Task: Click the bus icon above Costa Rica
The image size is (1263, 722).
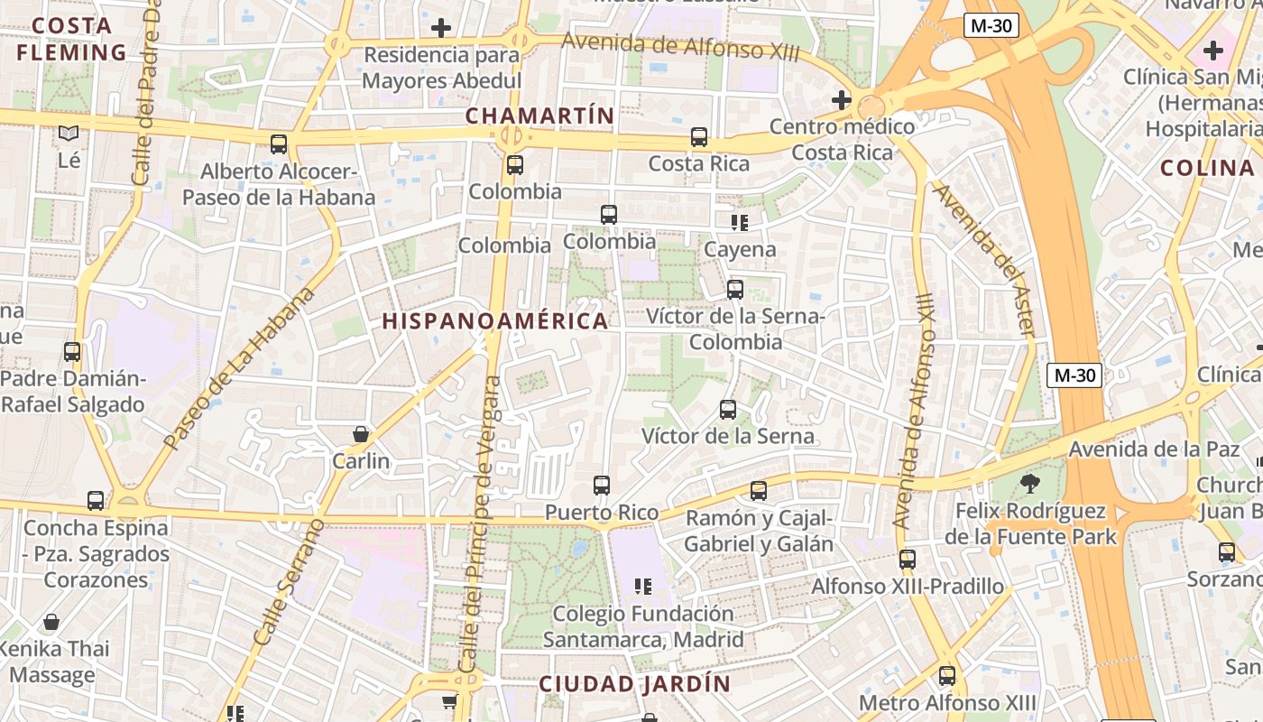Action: [x=699, y=137]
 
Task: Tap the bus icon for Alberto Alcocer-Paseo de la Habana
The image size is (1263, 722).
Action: [x=278, y=144]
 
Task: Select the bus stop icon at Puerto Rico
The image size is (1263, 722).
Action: [x=602, y=486]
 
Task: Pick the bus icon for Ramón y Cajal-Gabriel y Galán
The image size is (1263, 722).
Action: [x=759, y=491]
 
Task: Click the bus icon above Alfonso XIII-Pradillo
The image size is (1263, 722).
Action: [x=908, y=560]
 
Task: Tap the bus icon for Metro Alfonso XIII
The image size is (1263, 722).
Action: [x=947, y=675]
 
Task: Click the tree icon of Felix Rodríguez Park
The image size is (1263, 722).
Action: [x=1029, y=484]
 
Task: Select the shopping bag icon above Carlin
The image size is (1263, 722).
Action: [x=361, y=434]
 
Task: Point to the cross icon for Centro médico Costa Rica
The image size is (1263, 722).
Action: [x=842, y=99]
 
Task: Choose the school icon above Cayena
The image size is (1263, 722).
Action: [x=740, y=222]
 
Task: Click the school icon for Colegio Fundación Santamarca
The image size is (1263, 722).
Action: [x=642, y=587]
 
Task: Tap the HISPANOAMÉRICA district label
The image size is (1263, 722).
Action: [x=494, y=321]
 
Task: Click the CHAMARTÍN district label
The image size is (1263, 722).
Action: [x=539, y=116]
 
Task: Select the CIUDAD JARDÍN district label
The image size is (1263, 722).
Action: [x=634, y=684]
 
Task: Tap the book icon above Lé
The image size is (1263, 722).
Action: [x=69, y=134]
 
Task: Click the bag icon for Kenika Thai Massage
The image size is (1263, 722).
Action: [x=51, y=622]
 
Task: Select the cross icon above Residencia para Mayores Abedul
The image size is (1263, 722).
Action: [x=441, y=28]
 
